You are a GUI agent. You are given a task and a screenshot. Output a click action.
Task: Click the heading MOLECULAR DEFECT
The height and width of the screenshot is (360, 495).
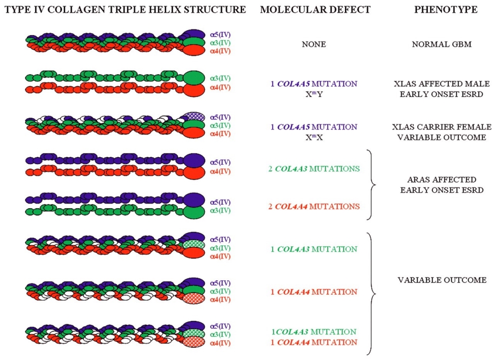pyautogui.click(x=310, y=10)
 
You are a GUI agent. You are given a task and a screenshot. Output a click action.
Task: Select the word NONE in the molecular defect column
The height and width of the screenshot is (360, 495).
pyautogui.click(x=314, y=44)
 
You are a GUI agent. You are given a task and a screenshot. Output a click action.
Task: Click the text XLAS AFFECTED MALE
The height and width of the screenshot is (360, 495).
pyautogui.click(x=439, y=84)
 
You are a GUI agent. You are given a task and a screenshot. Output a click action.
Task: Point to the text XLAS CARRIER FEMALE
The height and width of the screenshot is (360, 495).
pyautogui.click(x=439, y=128)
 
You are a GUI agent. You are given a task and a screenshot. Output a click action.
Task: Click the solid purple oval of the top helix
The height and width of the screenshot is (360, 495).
pyautogui.click(x=195, y=35)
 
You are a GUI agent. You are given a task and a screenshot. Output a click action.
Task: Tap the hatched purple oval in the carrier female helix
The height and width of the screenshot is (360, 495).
pyautogui.click(x=195, y=117)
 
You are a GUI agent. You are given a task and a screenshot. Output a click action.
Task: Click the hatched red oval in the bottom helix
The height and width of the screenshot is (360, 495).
pyautogui.click(x=195, y=342)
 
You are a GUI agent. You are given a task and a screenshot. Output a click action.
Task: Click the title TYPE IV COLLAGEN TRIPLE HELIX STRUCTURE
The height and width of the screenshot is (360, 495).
pyautogui.click(x=124, y=10)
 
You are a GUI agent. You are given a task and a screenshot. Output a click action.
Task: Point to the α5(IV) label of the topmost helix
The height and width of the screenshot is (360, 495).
pyautogui.click(x=220, y=35)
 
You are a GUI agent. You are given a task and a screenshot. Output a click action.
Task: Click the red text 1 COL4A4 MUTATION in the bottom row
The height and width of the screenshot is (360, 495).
pyautogui.click(x=317, y=341)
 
